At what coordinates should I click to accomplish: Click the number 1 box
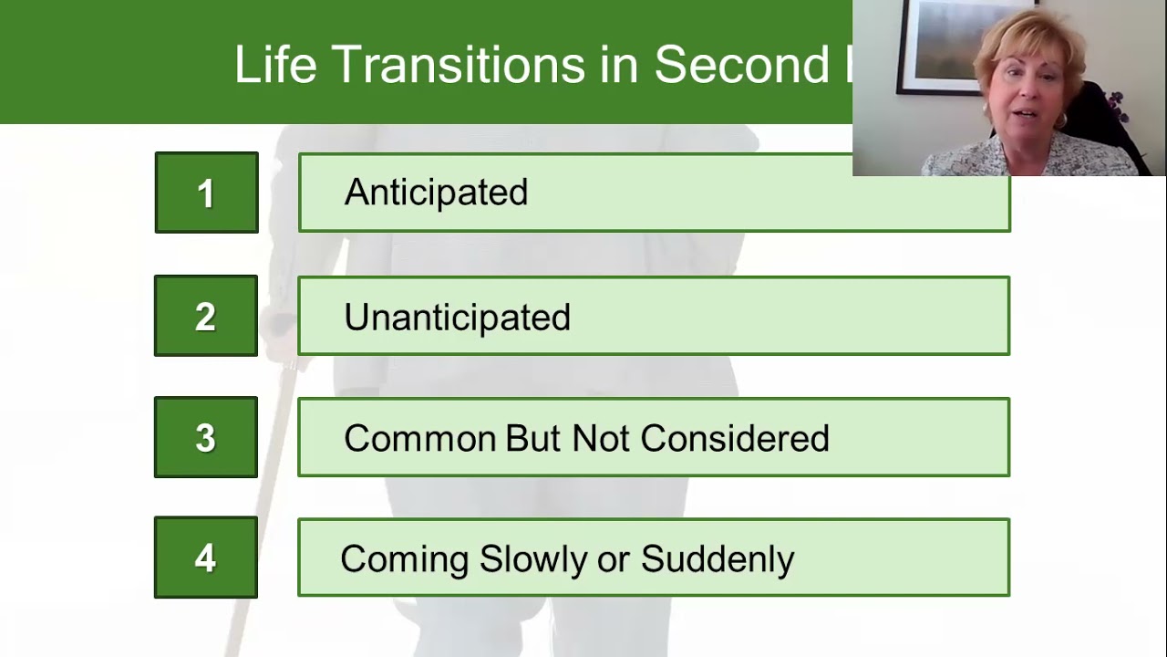[x=206, y=193]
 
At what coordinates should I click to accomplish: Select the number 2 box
[x=206, y=316]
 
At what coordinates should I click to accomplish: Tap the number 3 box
[x=206, y=437]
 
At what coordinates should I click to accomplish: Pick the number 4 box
[x=206, y=558]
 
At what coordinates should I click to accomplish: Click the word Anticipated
[x=436, y=193]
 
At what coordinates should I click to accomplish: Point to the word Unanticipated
[x=457, y=317]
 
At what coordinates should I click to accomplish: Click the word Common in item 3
[x=419, y=438]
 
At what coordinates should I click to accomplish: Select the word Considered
[x=735, y=438]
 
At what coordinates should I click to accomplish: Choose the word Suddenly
[x=718, y=558]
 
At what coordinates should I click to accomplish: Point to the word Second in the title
[x=741, y=65]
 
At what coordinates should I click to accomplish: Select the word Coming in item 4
[x=405, y=558]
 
